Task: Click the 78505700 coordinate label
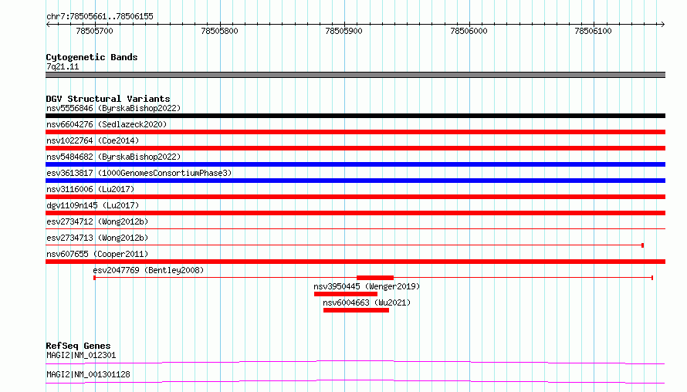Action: tap(95, 31)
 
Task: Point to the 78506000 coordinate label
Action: tap(469, 31)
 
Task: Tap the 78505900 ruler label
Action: tap(344, 31)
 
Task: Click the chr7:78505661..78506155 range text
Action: tap(100, 17)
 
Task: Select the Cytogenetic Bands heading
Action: tap(92, 57)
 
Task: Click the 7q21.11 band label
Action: tap(63, 66)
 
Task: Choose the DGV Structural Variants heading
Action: tap(108, 99)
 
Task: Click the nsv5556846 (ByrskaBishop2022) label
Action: tap(113, 108)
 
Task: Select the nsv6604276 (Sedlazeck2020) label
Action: tap(107, 124)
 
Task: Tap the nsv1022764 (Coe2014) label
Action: tap(93, 140)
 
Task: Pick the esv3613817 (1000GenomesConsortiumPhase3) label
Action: tap(139, 173)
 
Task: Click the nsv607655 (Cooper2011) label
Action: tap(97, 254)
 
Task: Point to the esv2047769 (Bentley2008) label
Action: tap(148, 270)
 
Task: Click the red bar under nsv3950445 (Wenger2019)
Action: tap(346, 294)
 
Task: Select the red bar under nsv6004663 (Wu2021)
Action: tap(356, 310)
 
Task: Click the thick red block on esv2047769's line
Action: tap(375, 278)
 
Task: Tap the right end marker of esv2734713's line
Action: tap(643, 245)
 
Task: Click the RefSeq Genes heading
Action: tap(78, 346)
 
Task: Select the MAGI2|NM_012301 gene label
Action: tap(81, 355)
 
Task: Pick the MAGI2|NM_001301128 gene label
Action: tap(88, 374)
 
